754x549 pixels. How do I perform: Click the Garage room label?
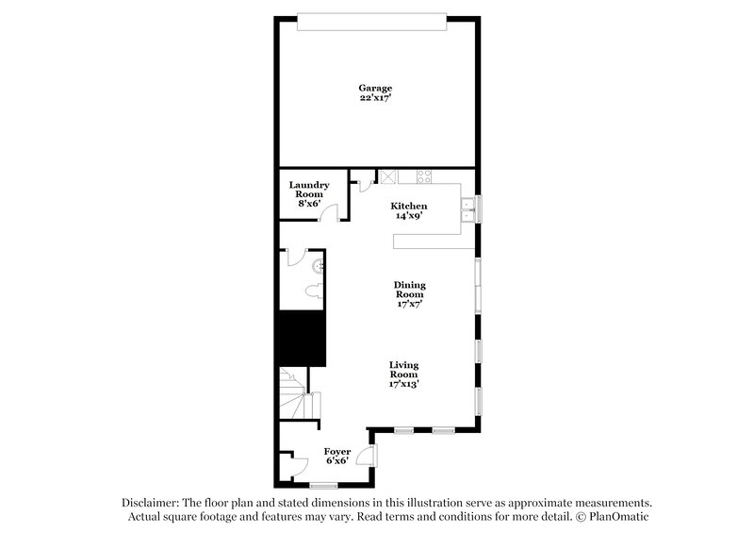375,88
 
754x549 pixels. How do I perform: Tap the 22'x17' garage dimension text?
375,97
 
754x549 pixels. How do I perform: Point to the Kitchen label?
409,206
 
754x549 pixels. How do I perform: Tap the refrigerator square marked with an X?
386,175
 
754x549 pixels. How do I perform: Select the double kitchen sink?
467,210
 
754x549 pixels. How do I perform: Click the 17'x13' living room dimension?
404,383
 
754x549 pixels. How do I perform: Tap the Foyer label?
337,452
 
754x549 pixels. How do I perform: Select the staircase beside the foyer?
297,393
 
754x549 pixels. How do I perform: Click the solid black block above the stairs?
301,339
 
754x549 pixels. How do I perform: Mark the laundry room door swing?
329,211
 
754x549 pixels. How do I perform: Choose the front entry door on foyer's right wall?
373,455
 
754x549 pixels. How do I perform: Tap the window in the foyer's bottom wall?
323,486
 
